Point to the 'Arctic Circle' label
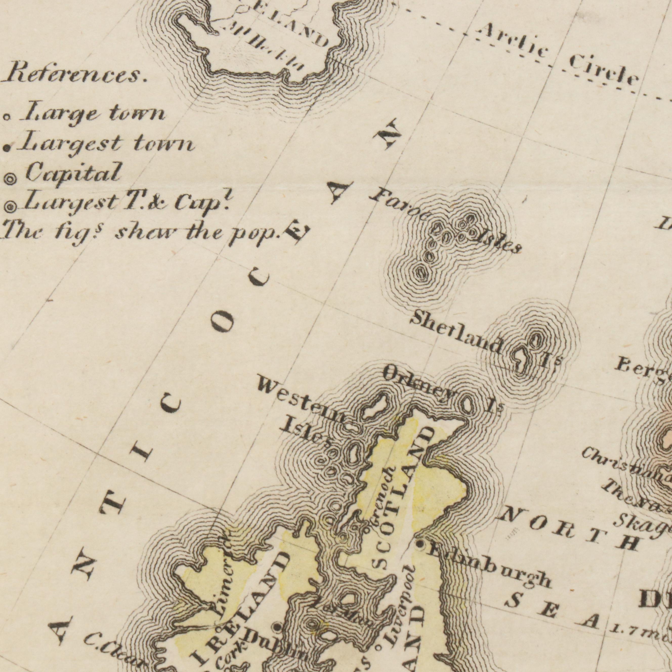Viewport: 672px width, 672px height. [557, 56]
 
